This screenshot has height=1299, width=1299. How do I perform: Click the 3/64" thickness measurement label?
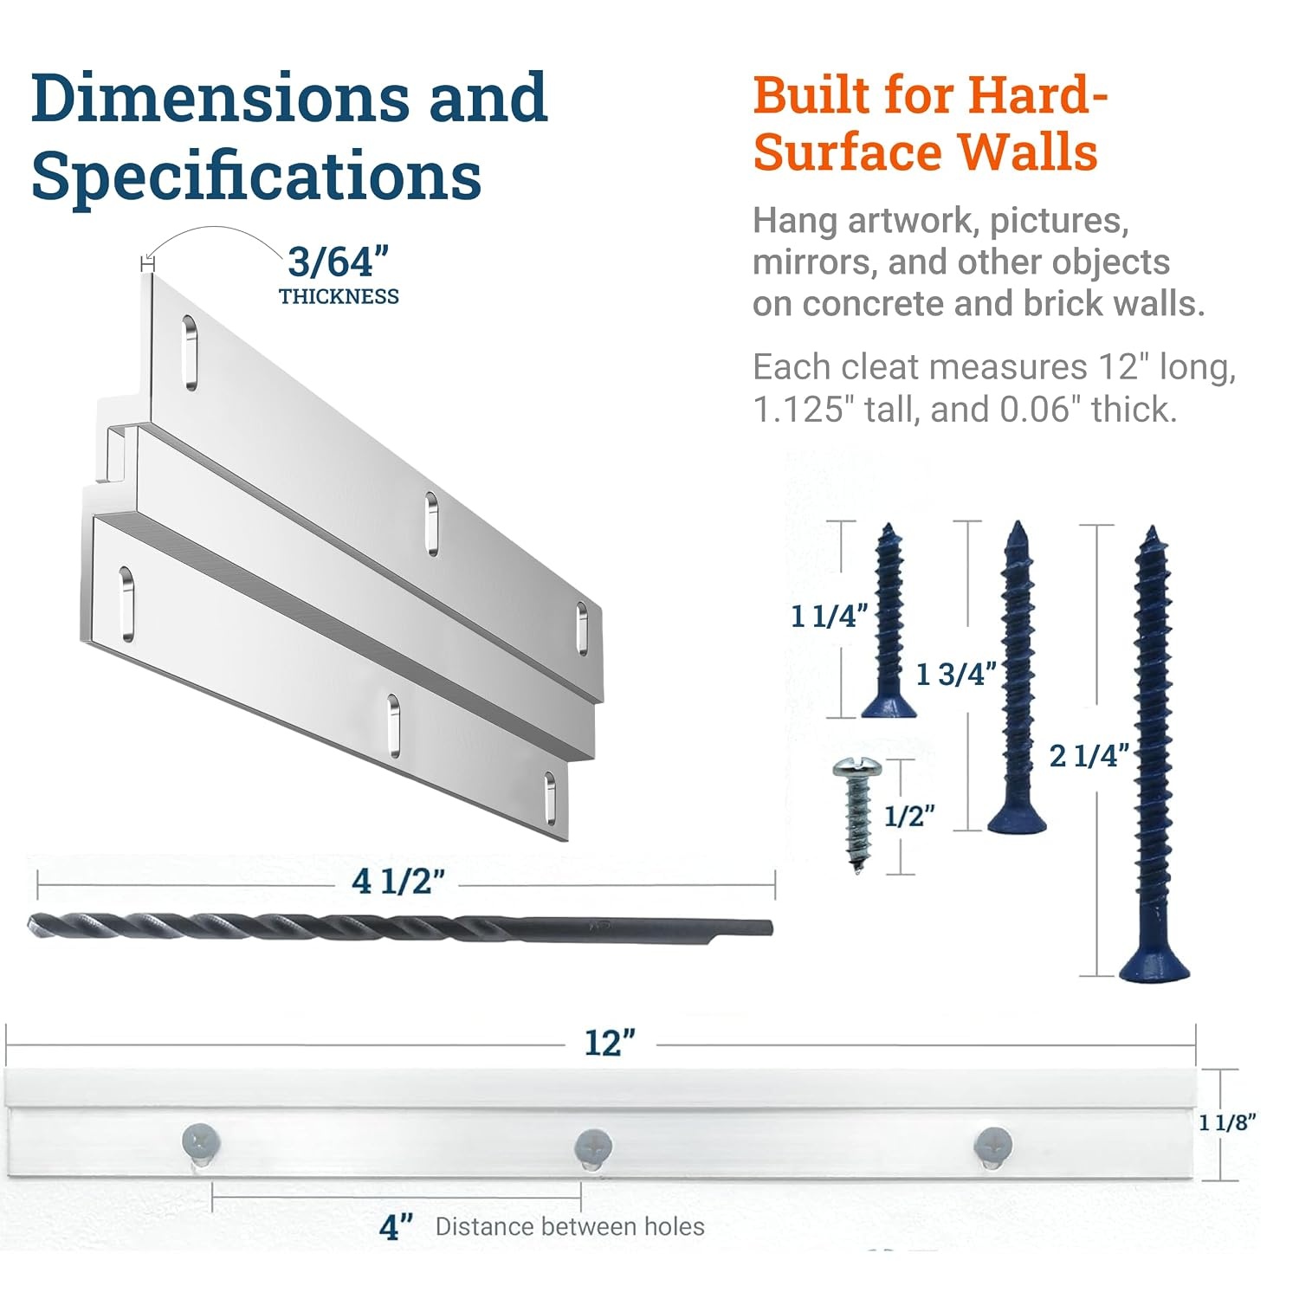pos(339,262)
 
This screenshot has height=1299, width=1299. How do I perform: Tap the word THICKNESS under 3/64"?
pos(339,296)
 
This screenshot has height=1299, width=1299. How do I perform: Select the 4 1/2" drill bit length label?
pos(398,882)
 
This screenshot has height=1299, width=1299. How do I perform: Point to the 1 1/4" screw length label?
pos(830,616)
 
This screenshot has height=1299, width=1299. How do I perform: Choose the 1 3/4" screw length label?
pos(956,674)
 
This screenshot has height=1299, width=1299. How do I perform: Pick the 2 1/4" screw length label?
pos(1089,756)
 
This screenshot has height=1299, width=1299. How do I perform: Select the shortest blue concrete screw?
pos(889,620)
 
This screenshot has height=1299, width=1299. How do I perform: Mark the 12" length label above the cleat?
pos(610,1043)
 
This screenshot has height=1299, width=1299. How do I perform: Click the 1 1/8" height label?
pos(1228,1122)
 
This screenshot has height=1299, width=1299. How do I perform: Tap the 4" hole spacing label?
pos(396,1226)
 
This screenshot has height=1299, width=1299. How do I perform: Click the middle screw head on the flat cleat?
pos(593,1147)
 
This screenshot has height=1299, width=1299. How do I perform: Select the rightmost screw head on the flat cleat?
pos(993,1145)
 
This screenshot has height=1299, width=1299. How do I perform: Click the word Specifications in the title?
pos(256,176)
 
